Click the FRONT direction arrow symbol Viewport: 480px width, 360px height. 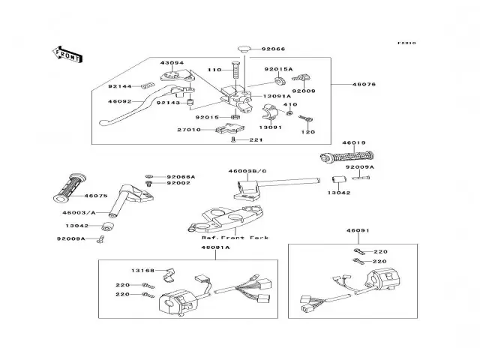click(x=65, y=53)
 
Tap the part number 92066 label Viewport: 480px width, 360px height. click(x=273, y=49)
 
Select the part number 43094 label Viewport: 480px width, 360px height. click(x=172, y=64)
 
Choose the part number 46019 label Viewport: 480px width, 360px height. click(x=353, y=142)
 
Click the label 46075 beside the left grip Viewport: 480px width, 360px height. click(x=97, y=196)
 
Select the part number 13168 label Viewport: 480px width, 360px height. click(x=142, y=270)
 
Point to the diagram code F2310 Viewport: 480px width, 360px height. click(x=427, y=43)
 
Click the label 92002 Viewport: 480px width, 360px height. click(x=178, y=183)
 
